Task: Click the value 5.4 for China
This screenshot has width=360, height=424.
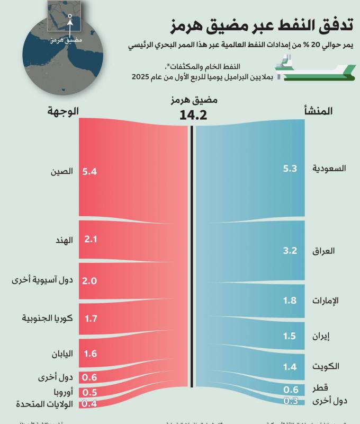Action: pyautogui.click(x=90, y=172)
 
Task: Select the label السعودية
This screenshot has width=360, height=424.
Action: pyautogui.click(x=329, y=169)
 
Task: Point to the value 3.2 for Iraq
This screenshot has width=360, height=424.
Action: pyautogui.click(x=290, y=251)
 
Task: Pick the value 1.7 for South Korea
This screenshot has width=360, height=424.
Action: pyautogui.click(x=90, y=319)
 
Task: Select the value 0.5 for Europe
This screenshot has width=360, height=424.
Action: pyautogui.click(x=90, y=392)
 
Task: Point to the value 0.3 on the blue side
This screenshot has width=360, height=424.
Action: pyautogui.click(x=290, y=401)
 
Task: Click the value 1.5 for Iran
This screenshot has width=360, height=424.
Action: pyautogui.click(x=290, y=335)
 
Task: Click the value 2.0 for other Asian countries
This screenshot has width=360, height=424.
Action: pyautogui.click(x=90, y=280)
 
